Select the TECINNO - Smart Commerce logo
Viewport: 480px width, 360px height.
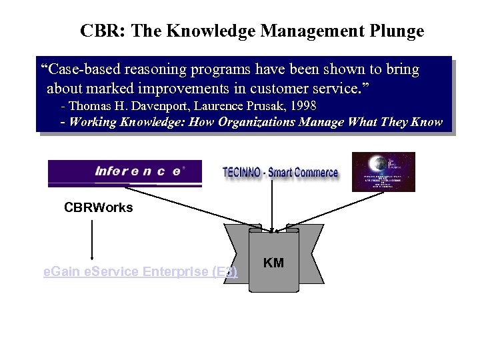(280, 173)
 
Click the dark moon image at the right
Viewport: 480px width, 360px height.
(383, 172)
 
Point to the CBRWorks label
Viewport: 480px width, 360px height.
(99, 207)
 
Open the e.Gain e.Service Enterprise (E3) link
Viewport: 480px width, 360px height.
(140, 272)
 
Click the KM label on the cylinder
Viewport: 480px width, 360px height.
(273, 263)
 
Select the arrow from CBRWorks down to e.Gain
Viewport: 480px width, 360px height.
(92, 240)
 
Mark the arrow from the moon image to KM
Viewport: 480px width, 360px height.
(333, 209)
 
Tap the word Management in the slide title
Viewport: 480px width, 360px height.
(305, 31)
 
